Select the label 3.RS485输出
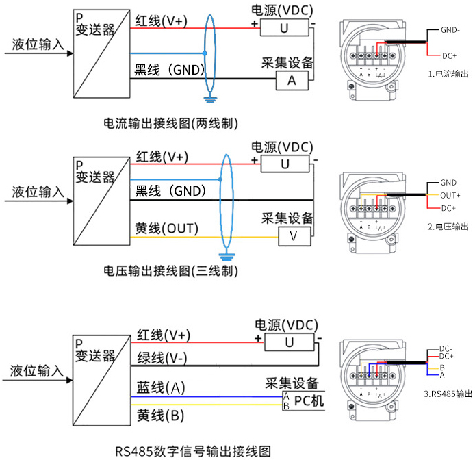click(448, 394)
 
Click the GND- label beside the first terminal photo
click(450, 30)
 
